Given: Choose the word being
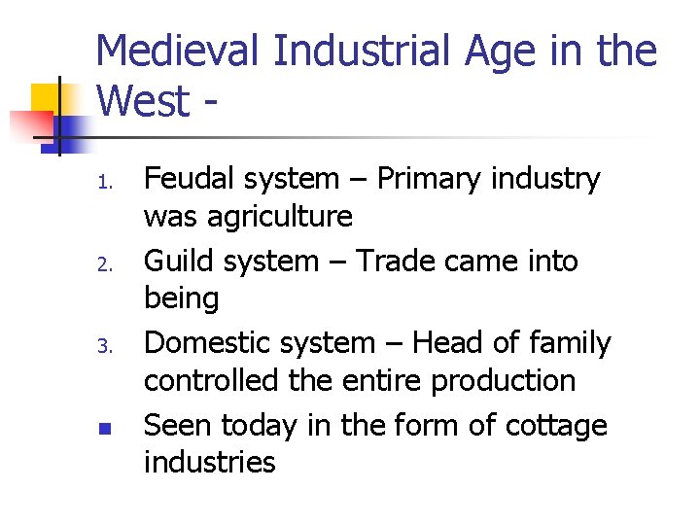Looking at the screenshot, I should click(x=182, y=298).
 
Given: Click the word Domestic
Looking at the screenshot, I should click(x=207, y=342).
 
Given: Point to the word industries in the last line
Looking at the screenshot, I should click(x=209, y=462).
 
